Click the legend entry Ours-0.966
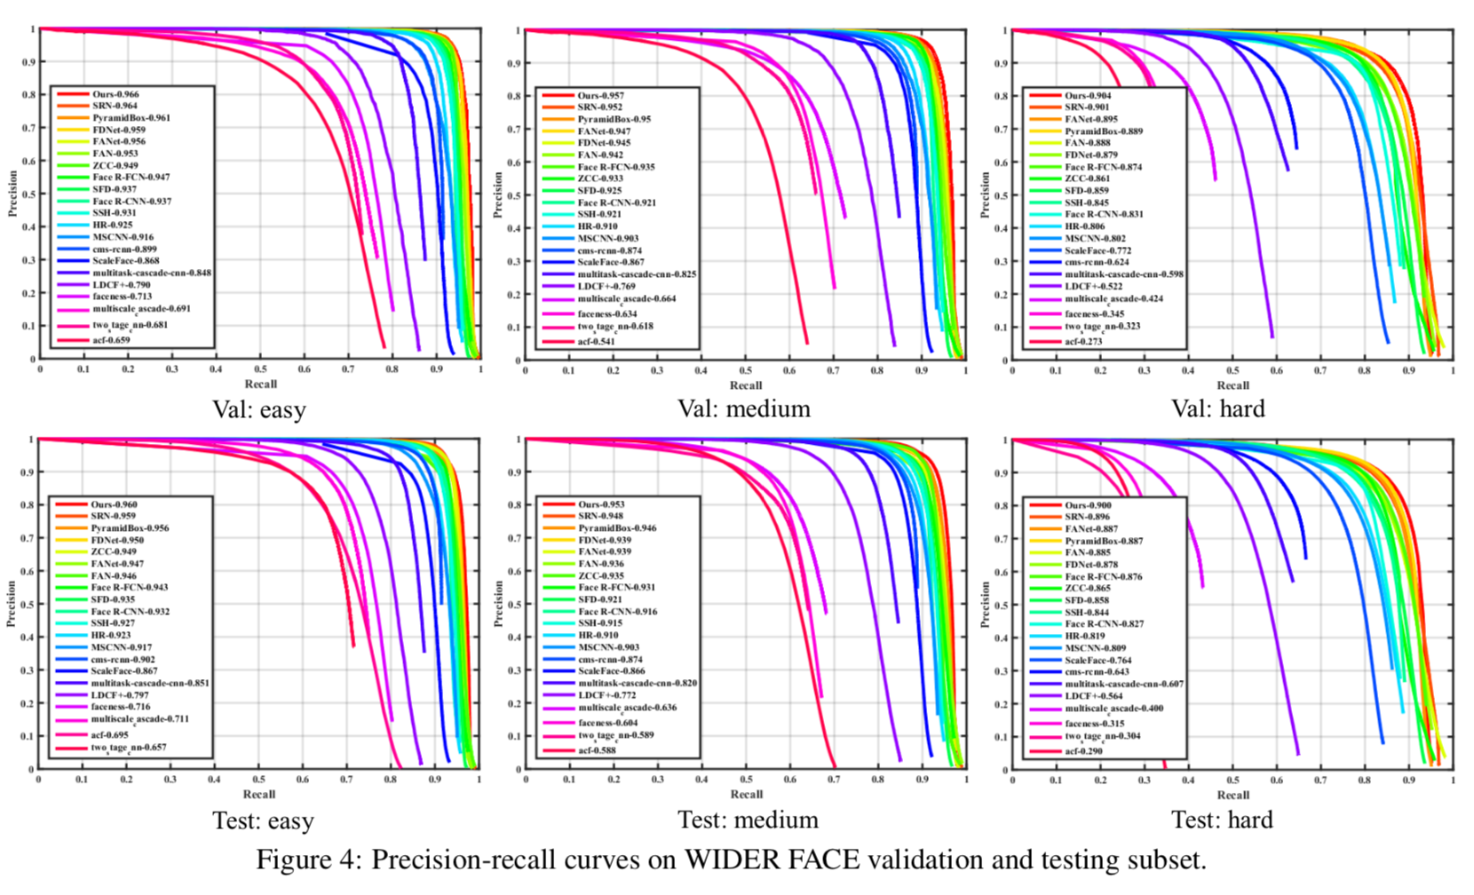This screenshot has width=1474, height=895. click(x=115, y=94)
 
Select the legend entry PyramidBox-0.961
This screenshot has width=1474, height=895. click(x=131, y=117)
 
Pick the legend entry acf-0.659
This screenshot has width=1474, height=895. click(x=111, y=340)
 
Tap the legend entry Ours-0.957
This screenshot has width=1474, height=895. click(x=600, y=95)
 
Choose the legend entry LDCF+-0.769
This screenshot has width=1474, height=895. click(x=606, y=287)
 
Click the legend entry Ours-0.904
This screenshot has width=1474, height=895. click(x=1088, y=95)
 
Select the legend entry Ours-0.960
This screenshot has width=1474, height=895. click(x=114, y=504)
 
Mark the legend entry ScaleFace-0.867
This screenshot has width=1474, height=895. click(x=123, y=671)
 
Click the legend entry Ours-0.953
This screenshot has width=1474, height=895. click(x=601, y=504)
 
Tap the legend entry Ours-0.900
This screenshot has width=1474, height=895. click(x=1088, y=505)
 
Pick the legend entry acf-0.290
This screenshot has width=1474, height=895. click(x=1083, y=751)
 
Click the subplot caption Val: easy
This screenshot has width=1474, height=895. click(x=259, y=409)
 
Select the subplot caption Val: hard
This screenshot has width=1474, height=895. click(x=1218, y=408)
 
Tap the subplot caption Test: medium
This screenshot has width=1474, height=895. click(x=748, y=820)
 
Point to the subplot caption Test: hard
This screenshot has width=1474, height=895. click(x=1222, y=820)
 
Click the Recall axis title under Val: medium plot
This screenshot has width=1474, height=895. click(x=746, y=385)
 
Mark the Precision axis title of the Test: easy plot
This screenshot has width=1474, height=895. click(x=12, y=604)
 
